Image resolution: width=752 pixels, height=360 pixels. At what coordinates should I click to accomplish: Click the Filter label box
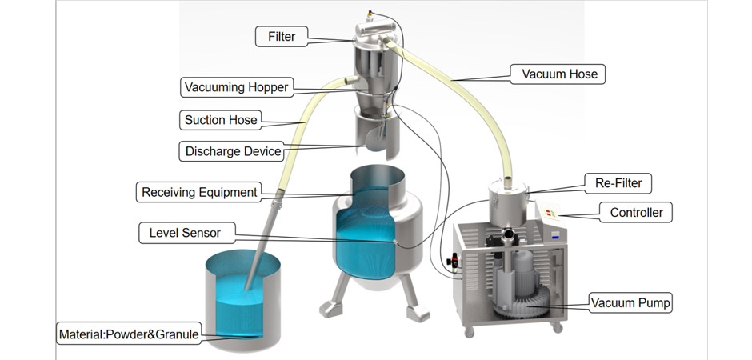coord(281,37)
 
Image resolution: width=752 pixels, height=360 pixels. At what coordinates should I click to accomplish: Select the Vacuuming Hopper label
coord(237,87)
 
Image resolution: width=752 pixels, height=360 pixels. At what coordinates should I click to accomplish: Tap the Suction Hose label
coord(221,120)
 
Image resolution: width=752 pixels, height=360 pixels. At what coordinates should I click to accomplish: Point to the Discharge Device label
coord(233,151)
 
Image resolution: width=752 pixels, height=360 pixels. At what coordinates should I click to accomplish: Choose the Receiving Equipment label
coord(199,192)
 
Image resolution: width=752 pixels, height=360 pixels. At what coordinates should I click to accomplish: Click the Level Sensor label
coord(185,233)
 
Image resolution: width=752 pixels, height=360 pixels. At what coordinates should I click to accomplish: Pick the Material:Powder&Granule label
coord(129,334)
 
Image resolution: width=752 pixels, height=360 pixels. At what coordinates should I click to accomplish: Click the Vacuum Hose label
coord(559,74)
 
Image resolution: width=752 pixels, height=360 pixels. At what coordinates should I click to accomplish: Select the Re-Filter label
coord(618,183)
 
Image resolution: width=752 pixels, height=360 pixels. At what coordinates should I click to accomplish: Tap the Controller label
coord(636,212)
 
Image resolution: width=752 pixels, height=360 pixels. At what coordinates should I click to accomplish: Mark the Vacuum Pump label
coord(630,303)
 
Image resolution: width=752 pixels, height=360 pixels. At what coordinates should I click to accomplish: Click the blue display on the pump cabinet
coord(556,235)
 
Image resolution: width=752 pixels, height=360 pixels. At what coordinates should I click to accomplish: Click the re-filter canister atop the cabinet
coord(508,202)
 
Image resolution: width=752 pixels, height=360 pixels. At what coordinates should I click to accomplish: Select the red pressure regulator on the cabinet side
coord(453,262)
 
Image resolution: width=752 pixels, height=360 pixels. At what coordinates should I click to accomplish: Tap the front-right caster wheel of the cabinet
coord(557,328)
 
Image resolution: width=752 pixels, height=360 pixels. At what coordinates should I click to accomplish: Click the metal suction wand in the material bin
coord(262,245)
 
